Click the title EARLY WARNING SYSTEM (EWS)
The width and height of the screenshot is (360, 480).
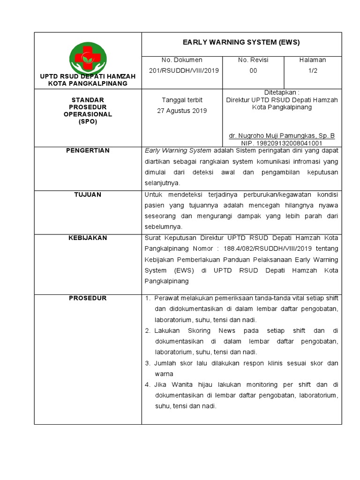[x=241, y=43]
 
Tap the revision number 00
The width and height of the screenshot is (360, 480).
[x=253, y=70]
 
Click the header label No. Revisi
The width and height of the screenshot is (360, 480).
[x=253, y=60]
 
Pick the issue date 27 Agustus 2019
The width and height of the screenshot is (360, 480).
[x=184, y=111]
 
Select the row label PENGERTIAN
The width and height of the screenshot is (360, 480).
[x=88, y=150]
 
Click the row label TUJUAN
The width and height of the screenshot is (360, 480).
[x=88, y=195]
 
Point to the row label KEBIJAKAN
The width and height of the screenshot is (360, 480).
[x=88, y=238]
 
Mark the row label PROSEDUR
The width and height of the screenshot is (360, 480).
[x=88, y=298]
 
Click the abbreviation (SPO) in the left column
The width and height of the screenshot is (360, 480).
[x=88, y=121]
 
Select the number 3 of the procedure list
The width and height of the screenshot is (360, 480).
[x=147, y=363]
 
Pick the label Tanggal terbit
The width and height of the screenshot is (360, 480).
[x=184, y=100]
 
